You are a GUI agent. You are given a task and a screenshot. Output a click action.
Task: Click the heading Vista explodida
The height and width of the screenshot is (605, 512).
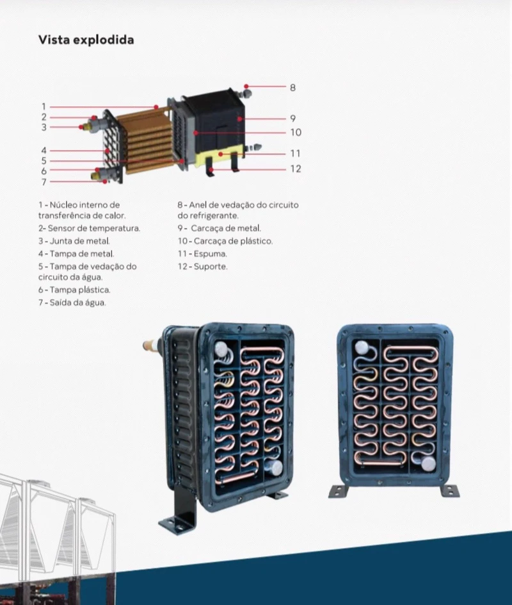(x=86, y=40)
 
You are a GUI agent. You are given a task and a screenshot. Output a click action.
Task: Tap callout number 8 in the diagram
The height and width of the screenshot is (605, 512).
(x=292, y=88)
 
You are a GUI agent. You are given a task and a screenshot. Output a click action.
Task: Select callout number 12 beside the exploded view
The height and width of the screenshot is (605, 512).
(x=296, y=169)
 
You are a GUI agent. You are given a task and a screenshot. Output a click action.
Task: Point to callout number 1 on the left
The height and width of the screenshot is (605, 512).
(x=44, y=106)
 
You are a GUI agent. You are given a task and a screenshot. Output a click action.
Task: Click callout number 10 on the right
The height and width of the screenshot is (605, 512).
(x=296, y=132)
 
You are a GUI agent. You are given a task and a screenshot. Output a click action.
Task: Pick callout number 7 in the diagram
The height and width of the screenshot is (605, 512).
(x=44, y=182)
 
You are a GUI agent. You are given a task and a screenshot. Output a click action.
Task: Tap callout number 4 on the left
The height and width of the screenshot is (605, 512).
(x=44, y=151)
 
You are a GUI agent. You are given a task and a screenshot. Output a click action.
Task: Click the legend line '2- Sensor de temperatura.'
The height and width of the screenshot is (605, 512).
(x=90, y=228)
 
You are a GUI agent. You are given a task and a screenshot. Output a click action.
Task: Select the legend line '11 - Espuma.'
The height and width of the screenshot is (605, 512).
(x=202, y=254)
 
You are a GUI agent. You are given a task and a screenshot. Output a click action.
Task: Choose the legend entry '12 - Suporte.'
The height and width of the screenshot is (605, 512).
(x=203, y=266)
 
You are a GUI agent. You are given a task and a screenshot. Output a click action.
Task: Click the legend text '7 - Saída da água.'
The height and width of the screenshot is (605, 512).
(x=72, y=302)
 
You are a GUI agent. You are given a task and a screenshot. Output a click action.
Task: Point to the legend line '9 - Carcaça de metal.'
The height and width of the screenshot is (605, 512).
(x=220, y=228)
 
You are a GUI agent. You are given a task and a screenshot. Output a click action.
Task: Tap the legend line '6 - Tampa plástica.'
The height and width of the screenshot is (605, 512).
(x=74, y=290)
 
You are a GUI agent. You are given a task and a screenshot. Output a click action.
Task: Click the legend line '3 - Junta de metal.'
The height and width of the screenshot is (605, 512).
(x=74, y=241)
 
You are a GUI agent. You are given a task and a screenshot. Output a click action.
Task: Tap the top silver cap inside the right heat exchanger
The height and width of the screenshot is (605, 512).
(x=362, y=347)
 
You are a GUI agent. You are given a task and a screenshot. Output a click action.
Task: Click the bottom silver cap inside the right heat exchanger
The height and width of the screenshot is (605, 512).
(x=428, y=464)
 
